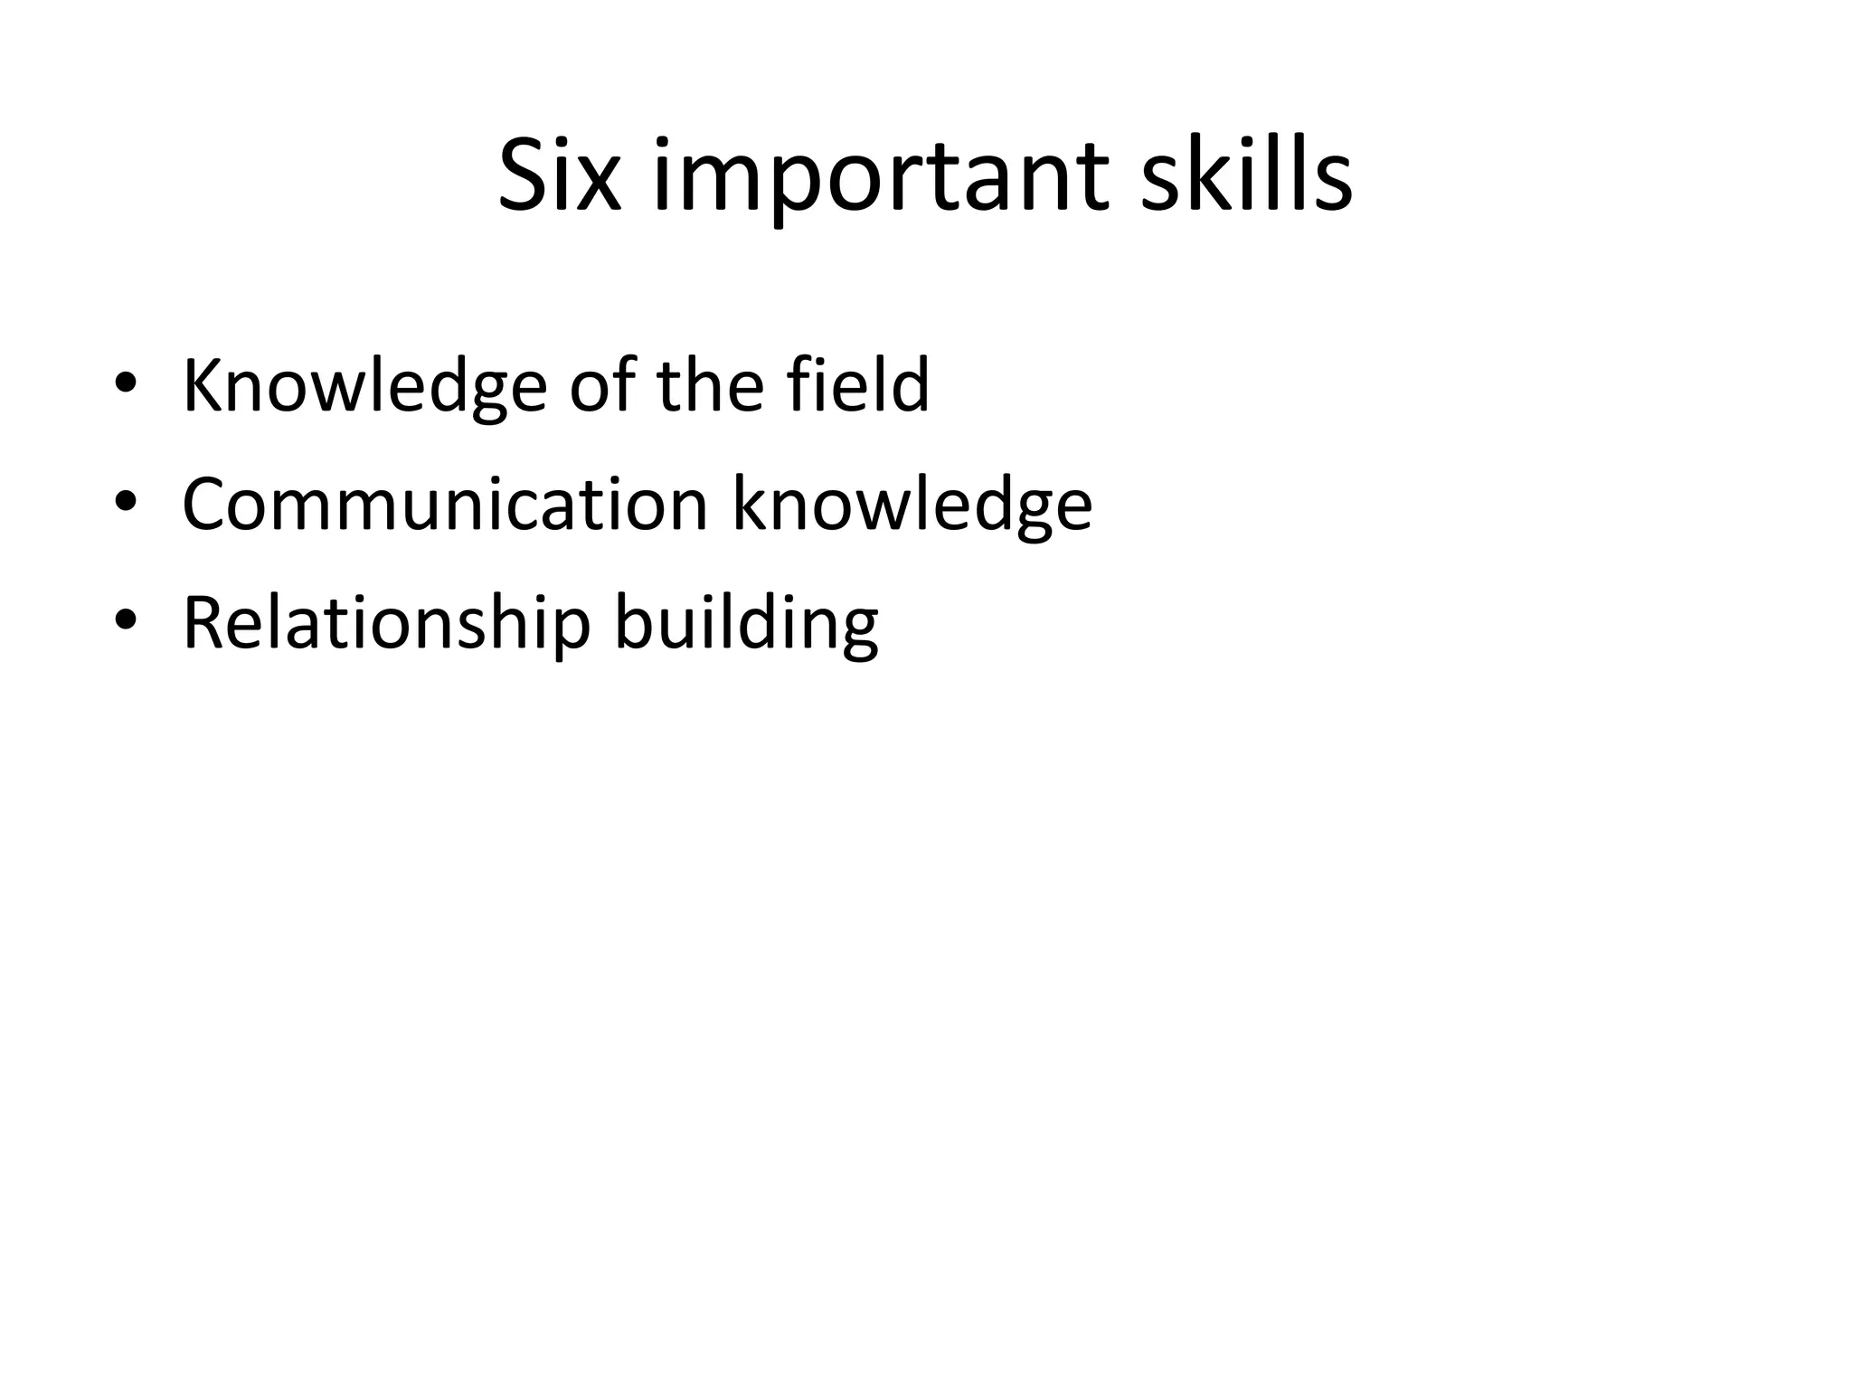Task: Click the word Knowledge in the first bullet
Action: (364, 386)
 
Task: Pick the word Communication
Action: (445, 504)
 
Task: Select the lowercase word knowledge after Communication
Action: (912, 506)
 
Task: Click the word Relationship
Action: (386, 623)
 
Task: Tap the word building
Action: (746, 623)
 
